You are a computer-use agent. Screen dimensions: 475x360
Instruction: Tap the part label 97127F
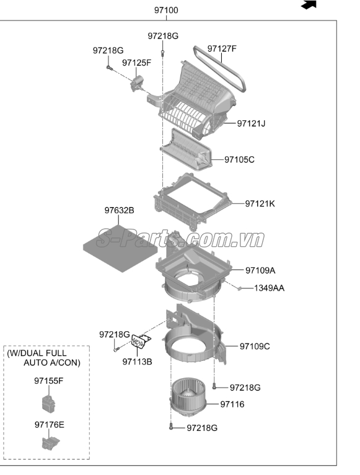tap(222, 48)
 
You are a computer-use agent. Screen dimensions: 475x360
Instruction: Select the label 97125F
tap(136, 63)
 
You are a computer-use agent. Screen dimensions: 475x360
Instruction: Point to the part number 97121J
tap(251, 123)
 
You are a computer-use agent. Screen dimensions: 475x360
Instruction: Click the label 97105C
tap(239, 159)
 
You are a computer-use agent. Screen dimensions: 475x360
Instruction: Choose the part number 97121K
tap(260, 203)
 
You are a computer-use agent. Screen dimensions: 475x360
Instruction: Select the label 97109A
tap(260, 270)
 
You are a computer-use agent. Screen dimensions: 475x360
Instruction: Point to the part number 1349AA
tap(269, 288)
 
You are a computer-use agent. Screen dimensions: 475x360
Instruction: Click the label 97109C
tap(255, 346)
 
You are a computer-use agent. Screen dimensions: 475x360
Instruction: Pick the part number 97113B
tap(137, 361)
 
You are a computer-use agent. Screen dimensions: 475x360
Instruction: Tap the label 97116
tap(232, 404)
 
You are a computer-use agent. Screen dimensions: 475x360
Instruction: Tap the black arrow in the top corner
tap(309, 5)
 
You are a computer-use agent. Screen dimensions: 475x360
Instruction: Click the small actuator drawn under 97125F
tap(136, 82)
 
